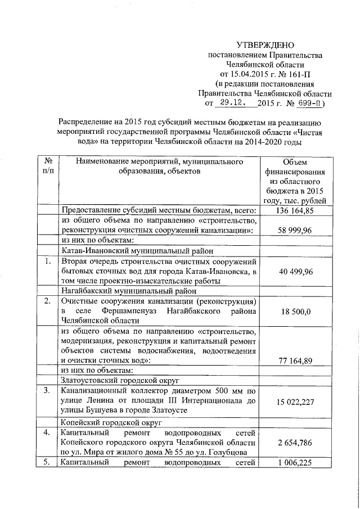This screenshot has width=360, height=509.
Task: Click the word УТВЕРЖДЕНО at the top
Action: coord(265,45)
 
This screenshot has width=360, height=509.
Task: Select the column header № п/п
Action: coord(48,166)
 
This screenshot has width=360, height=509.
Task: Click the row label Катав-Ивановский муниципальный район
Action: coord(129,251)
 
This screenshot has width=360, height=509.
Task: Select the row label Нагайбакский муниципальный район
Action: coord(129,292)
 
